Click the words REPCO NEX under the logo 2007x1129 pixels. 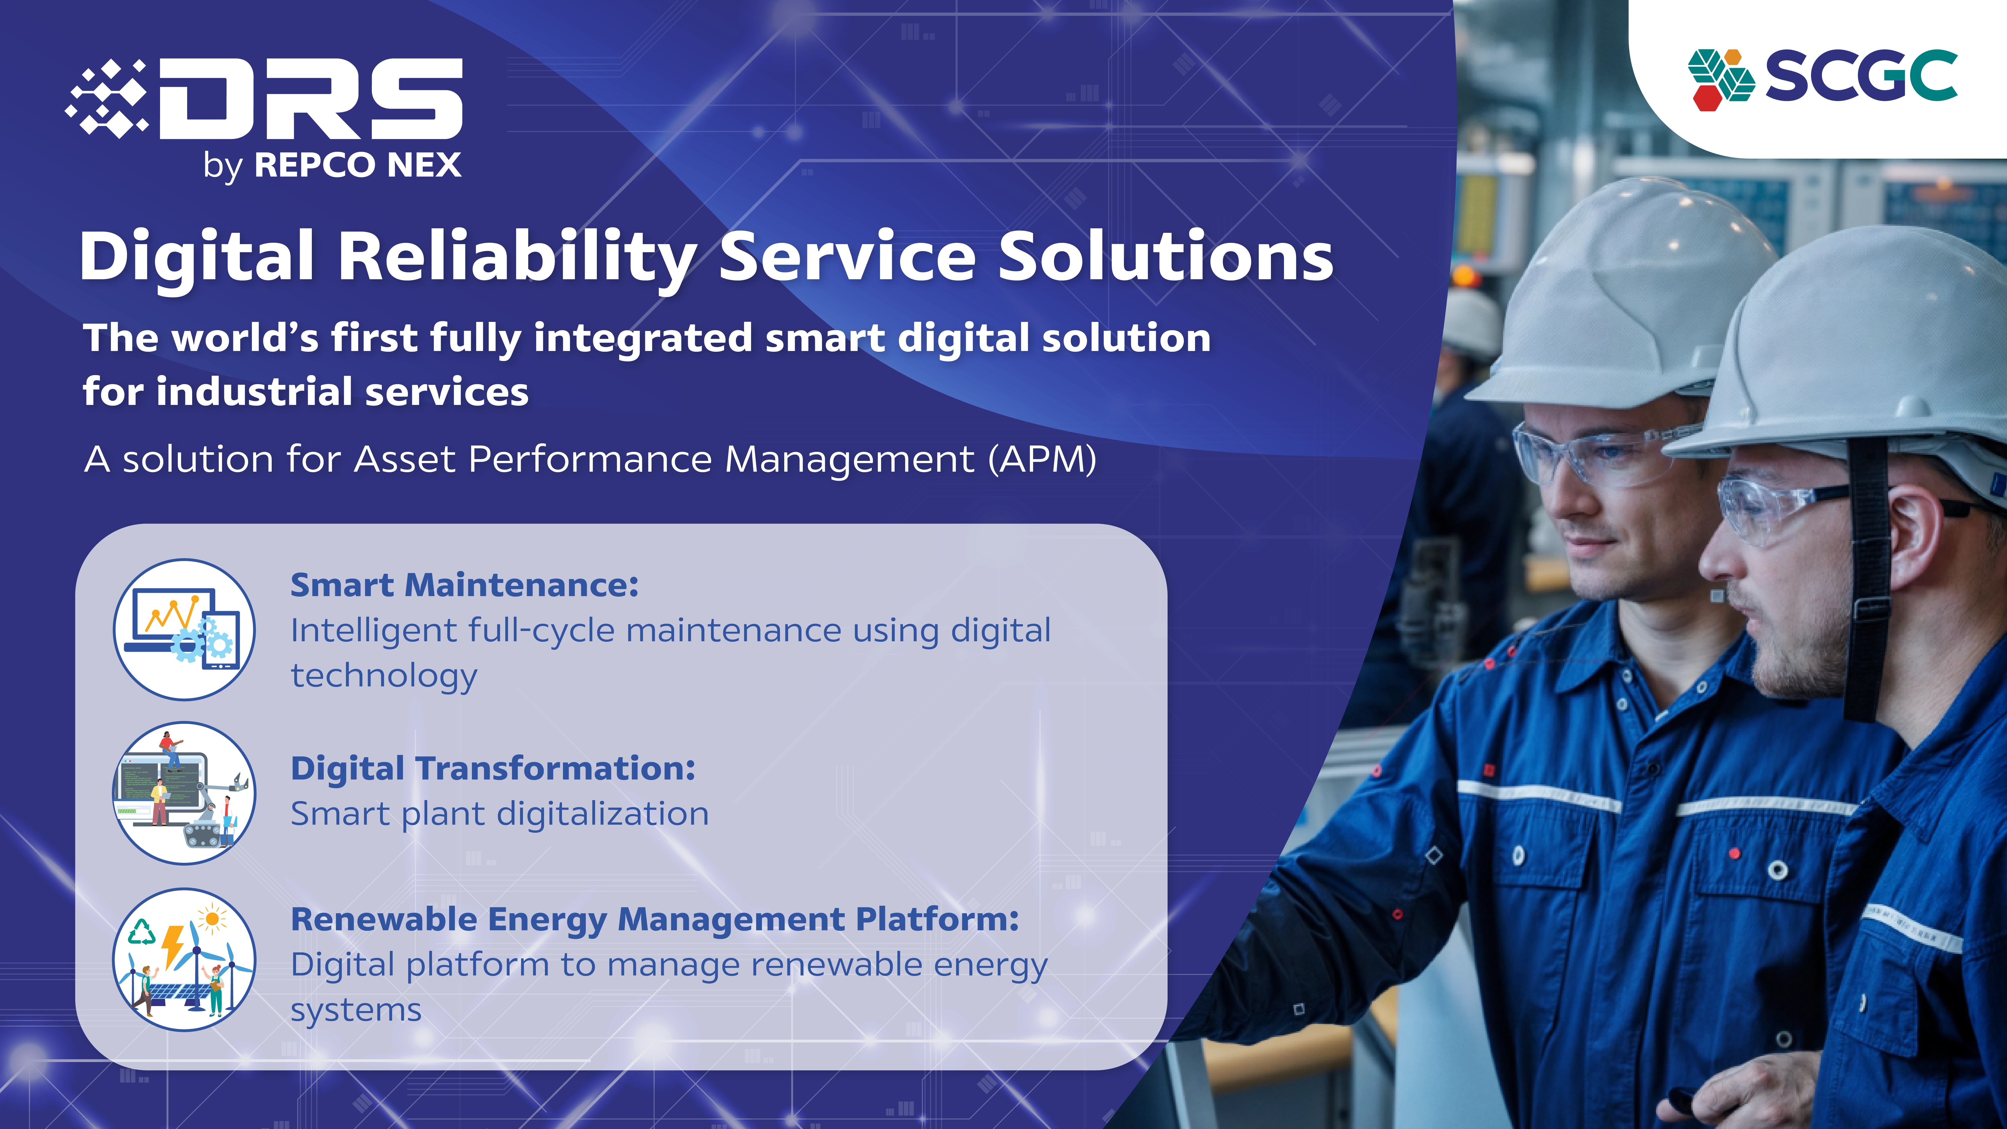357,165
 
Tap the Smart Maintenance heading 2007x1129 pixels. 464,585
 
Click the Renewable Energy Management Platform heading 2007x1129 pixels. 655,920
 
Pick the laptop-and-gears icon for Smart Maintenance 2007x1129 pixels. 184,629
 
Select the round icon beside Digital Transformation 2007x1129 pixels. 184,793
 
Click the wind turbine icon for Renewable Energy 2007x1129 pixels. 184,960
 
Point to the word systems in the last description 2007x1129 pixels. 356,1011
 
